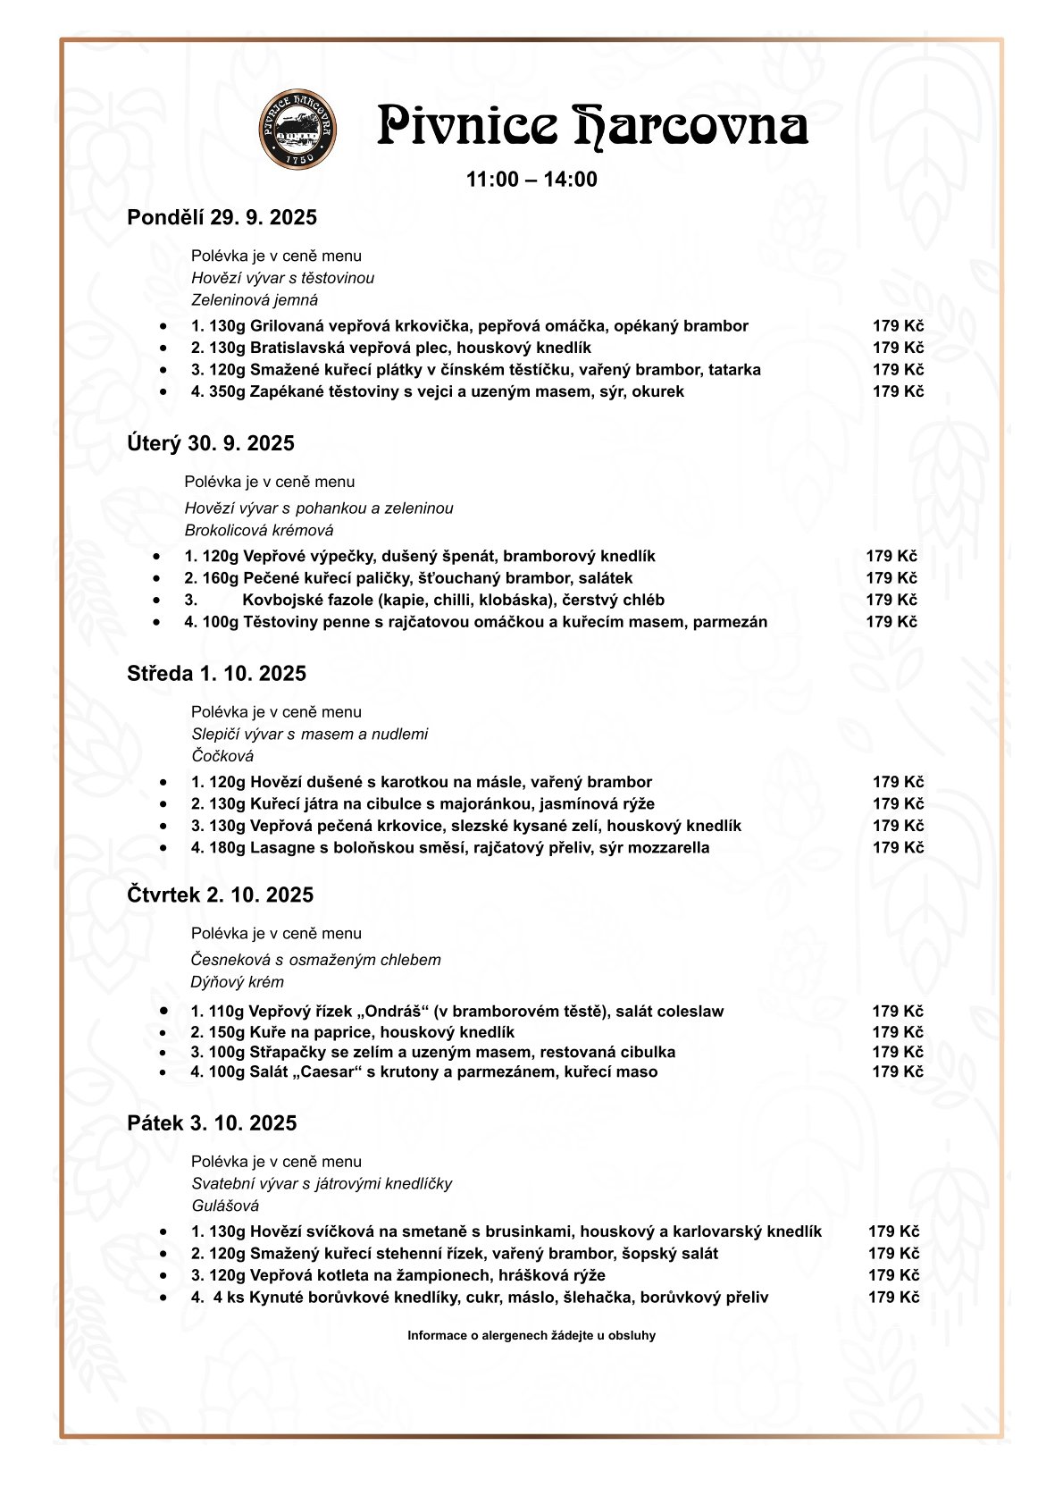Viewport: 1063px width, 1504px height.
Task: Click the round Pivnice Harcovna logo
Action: pyautogui.click(x=298, y=128)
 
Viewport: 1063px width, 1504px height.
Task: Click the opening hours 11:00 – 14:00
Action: pyautogui.click(x=531, y=180)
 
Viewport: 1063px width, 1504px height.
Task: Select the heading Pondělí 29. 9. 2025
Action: pyautogui.click(x=222, y=218)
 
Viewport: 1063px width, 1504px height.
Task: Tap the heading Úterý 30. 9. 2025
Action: pyautogui.click(x=210, y=444)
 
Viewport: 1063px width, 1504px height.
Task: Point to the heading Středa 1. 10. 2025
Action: pyautogui.click(x=216, y=674)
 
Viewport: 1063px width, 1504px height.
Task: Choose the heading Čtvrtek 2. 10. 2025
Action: pyautogui.click(x=220, y=895)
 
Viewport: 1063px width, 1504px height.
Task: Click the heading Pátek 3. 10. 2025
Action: pyautogui.click(x=212, y=1123)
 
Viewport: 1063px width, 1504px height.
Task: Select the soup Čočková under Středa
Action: pyautogui.click(x=222, y=756)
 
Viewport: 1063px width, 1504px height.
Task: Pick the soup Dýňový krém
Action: pyautogui.click(x=237, y=982)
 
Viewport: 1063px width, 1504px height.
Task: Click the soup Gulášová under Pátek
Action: pyautogui.click(x=225, y=1206)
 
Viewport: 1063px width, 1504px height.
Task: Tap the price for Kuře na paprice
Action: pyautogui.click(x=898, y=1032)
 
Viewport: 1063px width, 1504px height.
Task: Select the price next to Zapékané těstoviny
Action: pyautogui.click(x=898, y=391)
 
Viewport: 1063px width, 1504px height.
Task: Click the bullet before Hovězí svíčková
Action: pyautogui.click(x=163, y=1231)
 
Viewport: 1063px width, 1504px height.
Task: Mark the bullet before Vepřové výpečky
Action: pyautogui.click(x=157, y=556)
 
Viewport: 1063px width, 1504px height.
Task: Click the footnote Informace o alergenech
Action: pyautogui.click(x=531, y=1336)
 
